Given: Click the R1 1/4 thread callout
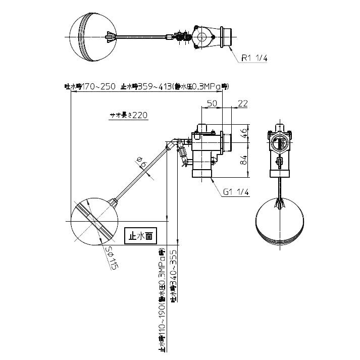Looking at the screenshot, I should coord(253,58).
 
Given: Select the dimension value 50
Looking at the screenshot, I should coord(212,104).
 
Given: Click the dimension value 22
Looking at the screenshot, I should coord(242,104).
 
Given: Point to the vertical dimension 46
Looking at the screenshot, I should coord(243,134).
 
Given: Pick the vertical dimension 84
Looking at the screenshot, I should coord(243,161).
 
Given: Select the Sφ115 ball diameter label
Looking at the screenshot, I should coord(112,259).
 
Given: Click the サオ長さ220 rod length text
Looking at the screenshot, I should coord(129,115).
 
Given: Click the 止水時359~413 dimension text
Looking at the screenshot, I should coord(174,86).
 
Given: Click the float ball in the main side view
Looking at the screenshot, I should coord(94,222).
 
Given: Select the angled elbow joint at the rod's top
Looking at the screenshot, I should coord(174,145).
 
